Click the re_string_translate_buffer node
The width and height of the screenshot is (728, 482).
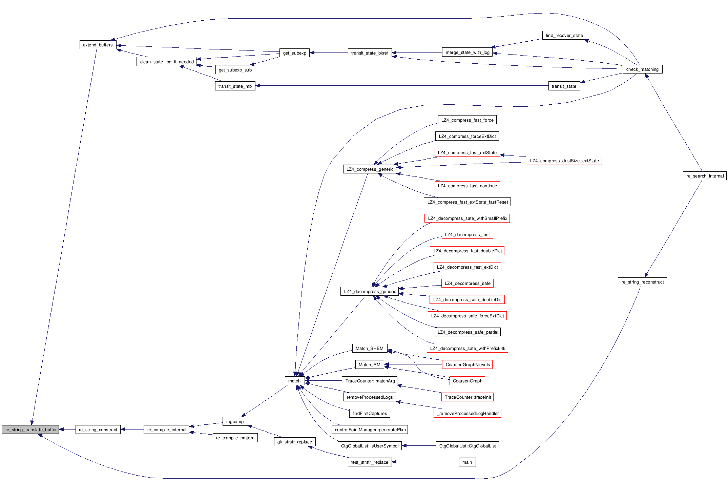pos(30,429)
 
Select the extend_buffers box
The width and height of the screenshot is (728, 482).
pos(98,45)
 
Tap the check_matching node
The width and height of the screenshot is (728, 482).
pos(642,69)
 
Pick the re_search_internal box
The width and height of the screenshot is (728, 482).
pos(705,176)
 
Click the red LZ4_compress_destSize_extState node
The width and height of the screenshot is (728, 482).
pos(564,161)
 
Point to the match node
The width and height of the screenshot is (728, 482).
pos(294,381)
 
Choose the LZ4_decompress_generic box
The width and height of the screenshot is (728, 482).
pos(370,291)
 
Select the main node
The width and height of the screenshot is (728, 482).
pos(467,462)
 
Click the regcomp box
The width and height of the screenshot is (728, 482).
pos(235,421)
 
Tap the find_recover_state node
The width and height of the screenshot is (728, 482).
pos(564,35)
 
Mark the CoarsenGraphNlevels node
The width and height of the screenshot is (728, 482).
pos(467,364)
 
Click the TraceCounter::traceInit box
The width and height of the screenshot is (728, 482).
pos(467,397)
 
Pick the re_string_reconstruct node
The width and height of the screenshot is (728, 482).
pos(642,282)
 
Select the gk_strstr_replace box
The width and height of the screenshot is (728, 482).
pos(294,442)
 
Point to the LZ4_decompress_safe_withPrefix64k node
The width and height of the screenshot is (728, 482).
pos(467,348)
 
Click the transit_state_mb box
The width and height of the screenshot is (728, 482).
pos(235,86)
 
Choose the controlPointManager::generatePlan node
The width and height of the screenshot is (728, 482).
pos(370,429)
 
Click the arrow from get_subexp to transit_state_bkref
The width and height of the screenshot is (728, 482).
pos(329,53)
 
